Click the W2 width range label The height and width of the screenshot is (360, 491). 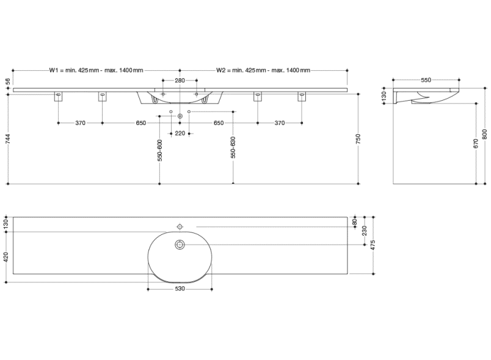pos(264,70)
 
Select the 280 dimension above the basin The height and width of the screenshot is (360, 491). pos(180,81)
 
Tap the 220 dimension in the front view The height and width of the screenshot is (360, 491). pos(180,132)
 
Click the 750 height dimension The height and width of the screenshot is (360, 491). pos(358,139)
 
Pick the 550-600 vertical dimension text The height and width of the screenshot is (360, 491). pos(159,150)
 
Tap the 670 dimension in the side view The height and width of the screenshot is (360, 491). pos(476,144)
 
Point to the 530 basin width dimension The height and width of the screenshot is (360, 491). pos(180,289)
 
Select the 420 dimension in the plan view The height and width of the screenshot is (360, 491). pos(7,257)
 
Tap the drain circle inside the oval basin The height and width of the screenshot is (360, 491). pos(180,245)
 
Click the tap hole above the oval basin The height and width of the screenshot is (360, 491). pos(180,226)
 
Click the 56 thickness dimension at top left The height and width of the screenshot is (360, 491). pos(7,81)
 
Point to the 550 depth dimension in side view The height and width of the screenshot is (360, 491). pos(426,81)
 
